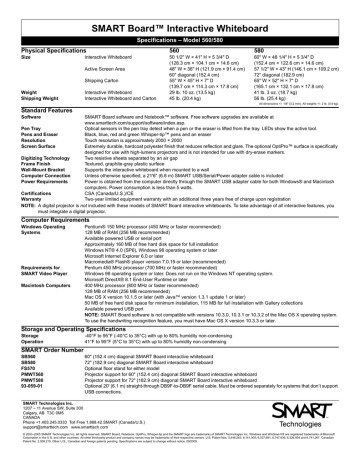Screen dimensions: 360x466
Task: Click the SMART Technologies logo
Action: pyautogui.click(x=315, y=438)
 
